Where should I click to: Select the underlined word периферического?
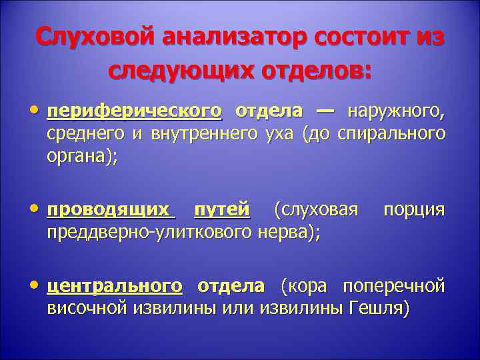[x=134, y=111]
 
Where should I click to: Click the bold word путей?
[x=222, y=211]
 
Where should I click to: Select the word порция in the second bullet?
[x=413, y=211]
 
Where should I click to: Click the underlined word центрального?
[x=114, y=287]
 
